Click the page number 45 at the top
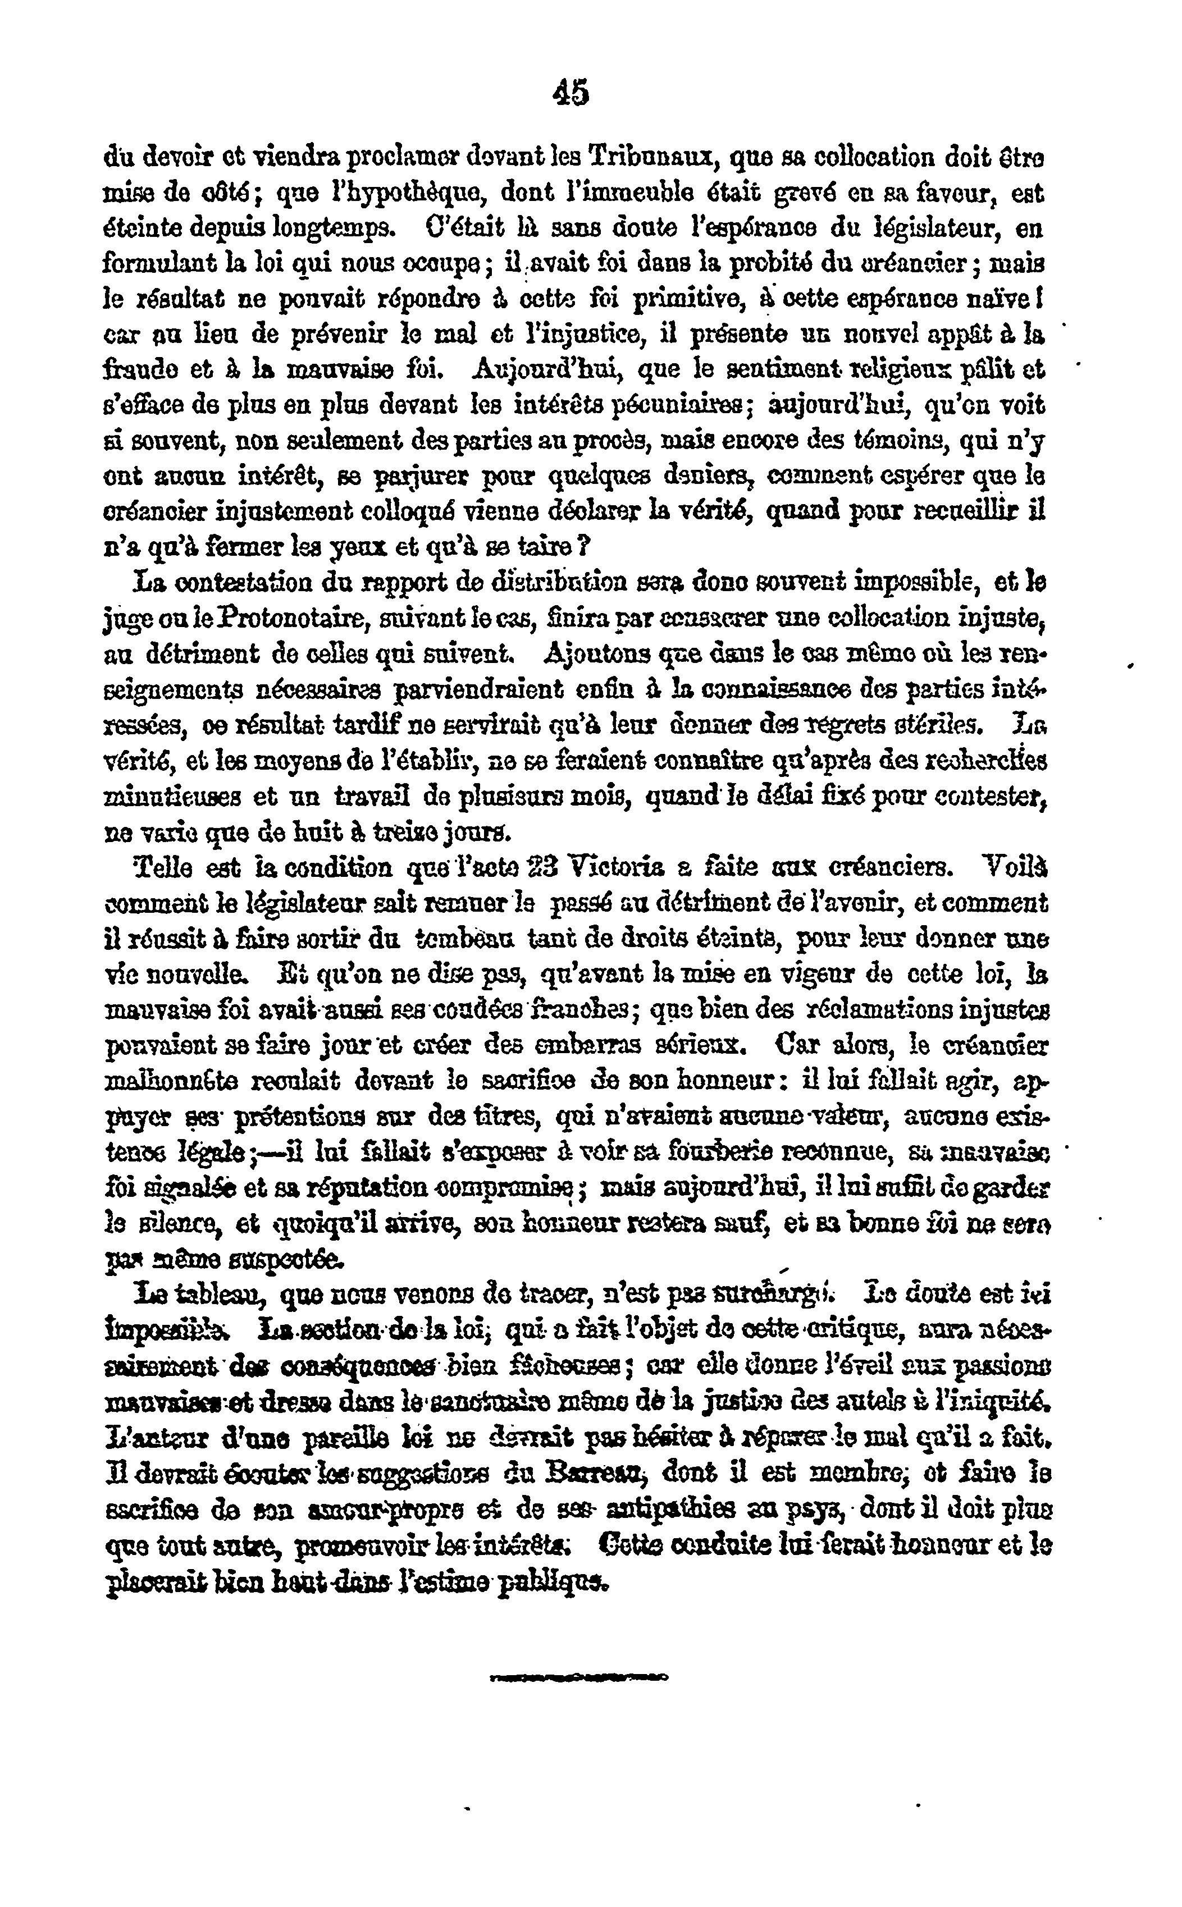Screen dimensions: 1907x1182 point(570,93)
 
